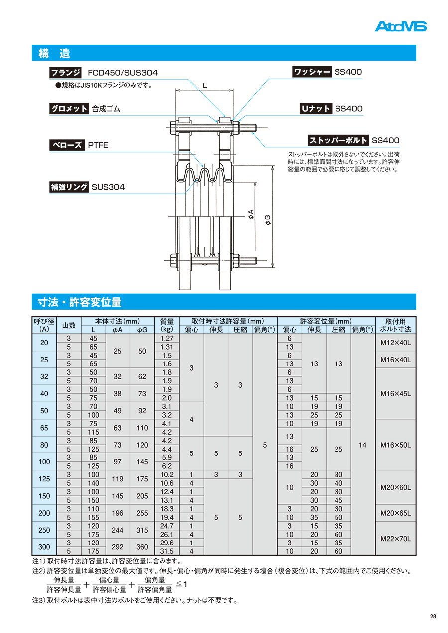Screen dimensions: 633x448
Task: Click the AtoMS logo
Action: coord(400,26)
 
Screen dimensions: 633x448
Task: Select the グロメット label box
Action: coord(69,109)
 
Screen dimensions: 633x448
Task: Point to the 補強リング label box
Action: coord(69,187)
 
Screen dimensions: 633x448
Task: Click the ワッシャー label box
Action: coord(312,72)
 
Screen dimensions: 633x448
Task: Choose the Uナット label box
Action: coord(315,109)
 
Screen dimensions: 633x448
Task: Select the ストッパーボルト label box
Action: coord(337,140)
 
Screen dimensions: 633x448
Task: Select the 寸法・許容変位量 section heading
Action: coord(80,302)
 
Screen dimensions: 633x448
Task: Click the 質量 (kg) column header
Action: coord(167,325)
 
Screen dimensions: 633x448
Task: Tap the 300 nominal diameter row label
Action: coord(44,547)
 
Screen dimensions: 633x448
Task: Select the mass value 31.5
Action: coord(167,551)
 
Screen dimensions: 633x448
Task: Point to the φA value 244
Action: coord(117,530)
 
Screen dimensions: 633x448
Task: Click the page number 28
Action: coord(433,617)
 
